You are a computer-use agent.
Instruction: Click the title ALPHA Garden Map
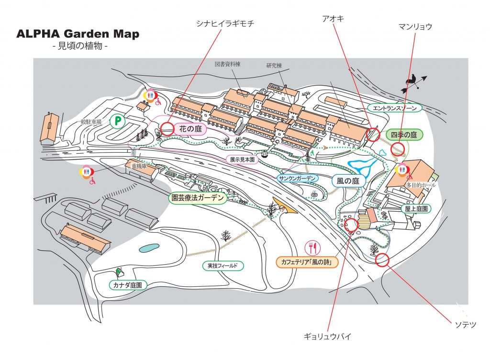point(78,34)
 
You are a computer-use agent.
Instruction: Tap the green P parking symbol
point(116,121)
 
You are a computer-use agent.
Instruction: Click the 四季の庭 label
point(404,135)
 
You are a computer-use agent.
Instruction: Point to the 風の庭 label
point(348,181)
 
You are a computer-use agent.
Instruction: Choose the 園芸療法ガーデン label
point(198,198)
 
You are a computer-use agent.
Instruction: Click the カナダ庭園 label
point(128,285)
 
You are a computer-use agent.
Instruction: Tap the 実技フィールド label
point(223,265)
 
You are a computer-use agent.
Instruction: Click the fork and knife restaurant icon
point(313,247)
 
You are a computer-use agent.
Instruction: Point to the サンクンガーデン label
point(298,178)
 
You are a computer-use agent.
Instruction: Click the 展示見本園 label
point(241,159)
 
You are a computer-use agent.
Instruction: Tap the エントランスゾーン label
point(396,108)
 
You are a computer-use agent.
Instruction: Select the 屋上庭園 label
point(415,209)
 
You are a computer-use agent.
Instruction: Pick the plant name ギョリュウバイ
point(327,336)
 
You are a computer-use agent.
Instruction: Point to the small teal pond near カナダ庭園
point(149,248)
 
